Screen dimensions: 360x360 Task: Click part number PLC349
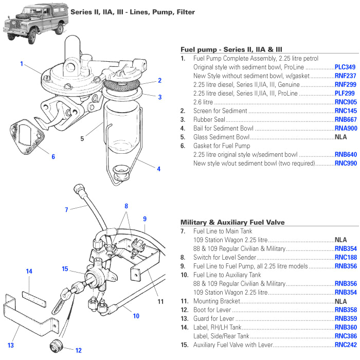(345, 67)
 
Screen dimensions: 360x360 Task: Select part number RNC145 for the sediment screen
(345, 111)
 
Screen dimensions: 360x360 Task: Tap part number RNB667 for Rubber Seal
(345, 119)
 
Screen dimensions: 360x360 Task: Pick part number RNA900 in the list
(345, 128)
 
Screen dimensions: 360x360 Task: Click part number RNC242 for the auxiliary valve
(345, 345)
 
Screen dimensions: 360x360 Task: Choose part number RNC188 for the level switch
(345, 257)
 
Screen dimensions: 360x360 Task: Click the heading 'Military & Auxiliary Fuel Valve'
(232, 222)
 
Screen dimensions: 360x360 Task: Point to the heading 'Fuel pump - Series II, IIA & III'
(231, 49)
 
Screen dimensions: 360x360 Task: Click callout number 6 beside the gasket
(52, 157)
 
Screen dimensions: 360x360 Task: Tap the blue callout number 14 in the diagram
(29, 271)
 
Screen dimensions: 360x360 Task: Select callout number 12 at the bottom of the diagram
(78, 351)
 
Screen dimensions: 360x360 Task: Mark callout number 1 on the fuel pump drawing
(22, 64)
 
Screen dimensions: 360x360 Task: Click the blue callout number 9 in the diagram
(145, 219)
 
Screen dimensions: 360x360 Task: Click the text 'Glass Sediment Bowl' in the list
(221, 137)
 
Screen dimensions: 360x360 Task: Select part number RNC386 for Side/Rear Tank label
(345, 336)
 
